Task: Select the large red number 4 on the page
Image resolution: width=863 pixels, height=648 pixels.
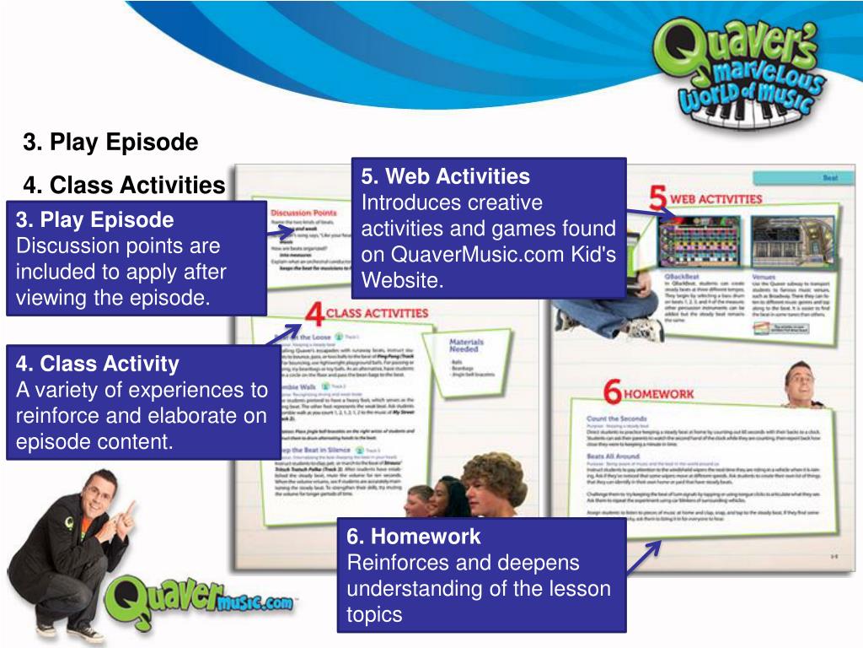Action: pos(314,314)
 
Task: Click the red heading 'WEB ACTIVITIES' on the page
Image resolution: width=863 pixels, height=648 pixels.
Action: pos(717,199)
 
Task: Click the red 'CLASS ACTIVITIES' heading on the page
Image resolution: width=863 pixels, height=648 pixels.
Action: pos(377,313)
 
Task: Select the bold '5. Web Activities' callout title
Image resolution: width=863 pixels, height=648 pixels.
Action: pos(446,176)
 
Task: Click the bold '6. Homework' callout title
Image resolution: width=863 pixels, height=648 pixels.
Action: pos(413,536)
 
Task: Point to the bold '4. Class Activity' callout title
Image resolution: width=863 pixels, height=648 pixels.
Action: pos(97,364)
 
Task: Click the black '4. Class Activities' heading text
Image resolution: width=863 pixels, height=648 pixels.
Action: pos(124,184)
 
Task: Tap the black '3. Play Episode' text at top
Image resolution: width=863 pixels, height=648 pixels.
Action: pos(110,142)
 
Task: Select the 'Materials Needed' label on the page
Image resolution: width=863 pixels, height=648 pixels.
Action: pos(466,345)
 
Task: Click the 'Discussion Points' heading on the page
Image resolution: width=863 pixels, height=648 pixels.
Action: pos(303,213)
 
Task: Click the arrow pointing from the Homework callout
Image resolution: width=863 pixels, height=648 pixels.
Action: pos(645,558)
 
